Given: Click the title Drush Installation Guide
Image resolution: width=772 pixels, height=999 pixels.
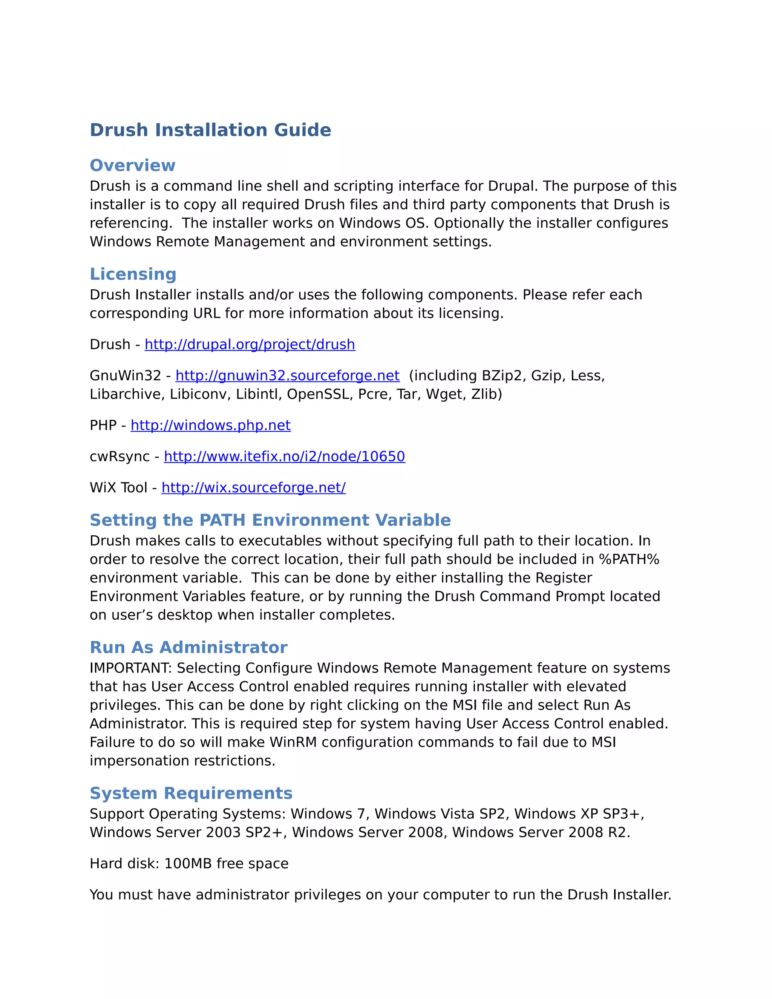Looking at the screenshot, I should click(210, 130).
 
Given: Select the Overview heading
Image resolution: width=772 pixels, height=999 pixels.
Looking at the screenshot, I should click(132, 165).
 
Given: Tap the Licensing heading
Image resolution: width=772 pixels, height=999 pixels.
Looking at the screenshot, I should click(133, 274).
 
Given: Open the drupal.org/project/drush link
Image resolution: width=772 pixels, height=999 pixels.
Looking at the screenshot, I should click(250, 345).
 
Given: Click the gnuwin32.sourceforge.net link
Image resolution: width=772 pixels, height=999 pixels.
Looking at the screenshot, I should click(287, 375).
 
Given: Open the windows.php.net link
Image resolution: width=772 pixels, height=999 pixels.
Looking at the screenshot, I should click(210, 425).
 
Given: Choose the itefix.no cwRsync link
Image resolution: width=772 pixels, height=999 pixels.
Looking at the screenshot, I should click(285, 457).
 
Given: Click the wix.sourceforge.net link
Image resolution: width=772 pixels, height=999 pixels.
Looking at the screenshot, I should click(253, 487).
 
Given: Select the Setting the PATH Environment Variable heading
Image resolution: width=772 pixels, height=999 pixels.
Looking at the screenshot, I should click(270, 520).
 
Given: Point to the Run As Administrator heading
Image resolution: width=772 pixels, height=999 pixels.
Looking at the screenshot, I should click(188, 647).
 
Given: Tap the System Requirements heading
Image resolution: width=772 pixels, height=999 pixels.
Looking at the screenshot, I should click(191, 793).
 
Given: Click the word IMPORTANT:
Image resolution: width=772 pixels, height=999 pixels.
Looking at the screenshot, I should click(131, 668).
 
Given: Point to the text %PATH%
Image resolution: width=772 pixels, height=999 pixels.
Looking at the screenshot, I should click(629, 559).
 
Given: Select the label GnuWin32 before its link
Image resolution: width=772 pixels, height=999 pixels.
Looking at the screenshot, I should click(125, 375).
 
